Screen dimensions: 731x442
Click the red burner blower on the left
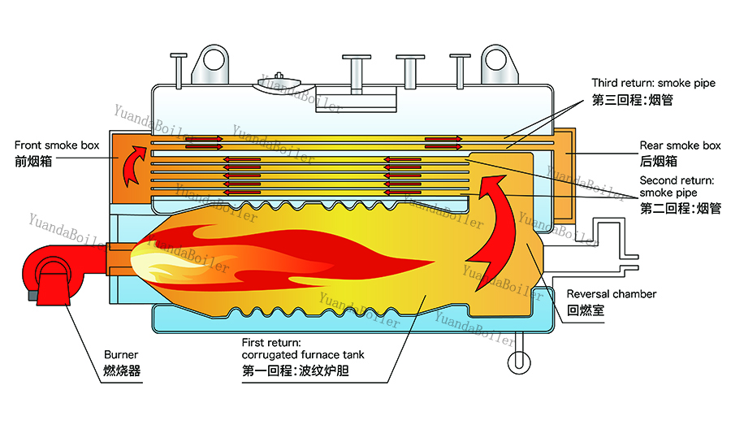[51, 275]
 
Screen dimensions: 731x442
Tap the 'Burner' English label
[121, 355]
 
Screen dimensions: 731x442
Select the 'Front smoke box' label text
[57, 145]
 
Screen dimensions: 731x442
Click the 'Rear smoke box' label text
[680, 145]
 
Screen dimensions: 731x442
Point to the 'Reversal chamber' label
[611, 294]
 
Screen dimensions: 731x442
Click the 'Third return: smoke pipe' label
[654, 83]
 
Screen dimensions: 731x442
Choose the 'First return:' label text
[271, 343]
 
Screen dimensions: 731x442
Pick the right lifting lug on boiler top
[499, 65]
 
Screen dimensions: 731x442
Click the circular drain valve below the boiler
[519, 362]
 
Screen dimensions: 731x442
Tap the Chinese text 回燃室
[586, 310]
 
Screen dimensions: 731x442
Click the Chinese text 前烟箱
[33, 162]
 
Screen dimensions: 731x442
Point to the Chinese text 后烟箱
[658, 162]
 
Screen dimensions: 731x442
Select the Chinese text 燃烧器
[122, 371]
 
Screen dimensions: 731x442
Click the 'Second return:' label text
[677, 180]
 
